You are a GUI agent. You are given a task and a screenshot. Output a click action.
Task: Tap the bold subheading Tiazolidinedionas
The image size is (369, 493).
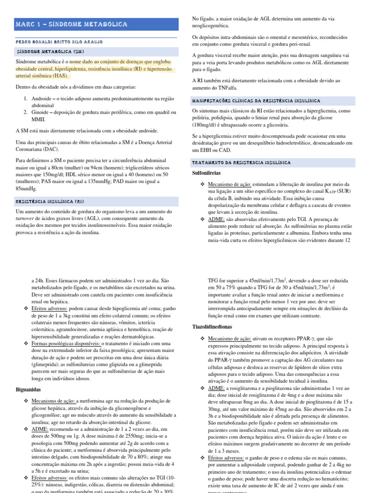(213, 326)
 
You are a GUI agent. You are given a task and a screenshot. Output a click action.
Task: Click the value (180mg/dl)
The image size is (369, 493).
(206, 125)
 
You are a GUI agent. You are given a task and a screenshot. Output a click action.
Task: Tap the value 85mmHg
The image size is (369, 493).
(28, 189)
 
